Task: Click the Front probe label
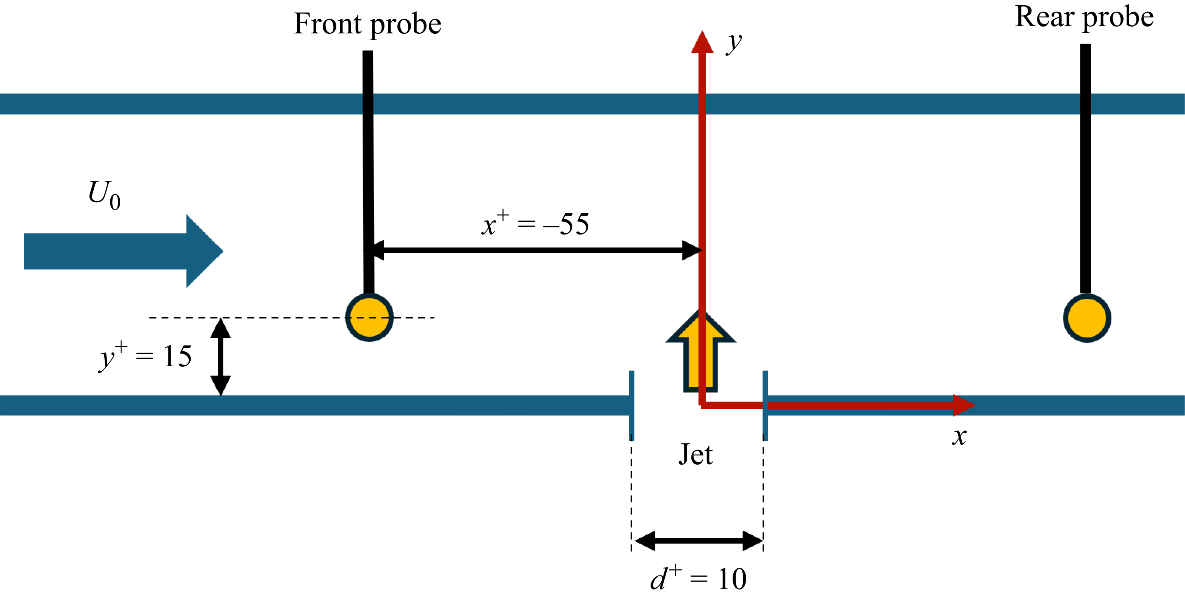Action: pos(367,24)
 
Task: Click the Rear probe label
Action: pos(1084,17)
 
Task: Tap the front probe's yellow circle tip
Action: pos(369,318)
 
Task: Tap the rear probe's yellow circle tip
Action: pos(1086,318)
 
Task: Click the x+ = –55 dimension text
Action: pos(535,224)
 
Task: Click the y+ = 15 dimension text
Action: pos(145,356)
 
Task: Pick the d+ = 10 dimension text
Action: pos(698,578)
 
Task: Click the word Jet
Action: pos(695,455)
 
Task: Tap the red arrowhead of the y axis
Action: pos(702,43)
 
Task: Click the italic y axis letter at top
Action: pos(734,43)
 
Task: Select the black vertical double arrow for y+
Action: pos(220,356)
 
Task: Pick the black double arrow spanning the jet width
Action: pos(698,541)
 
